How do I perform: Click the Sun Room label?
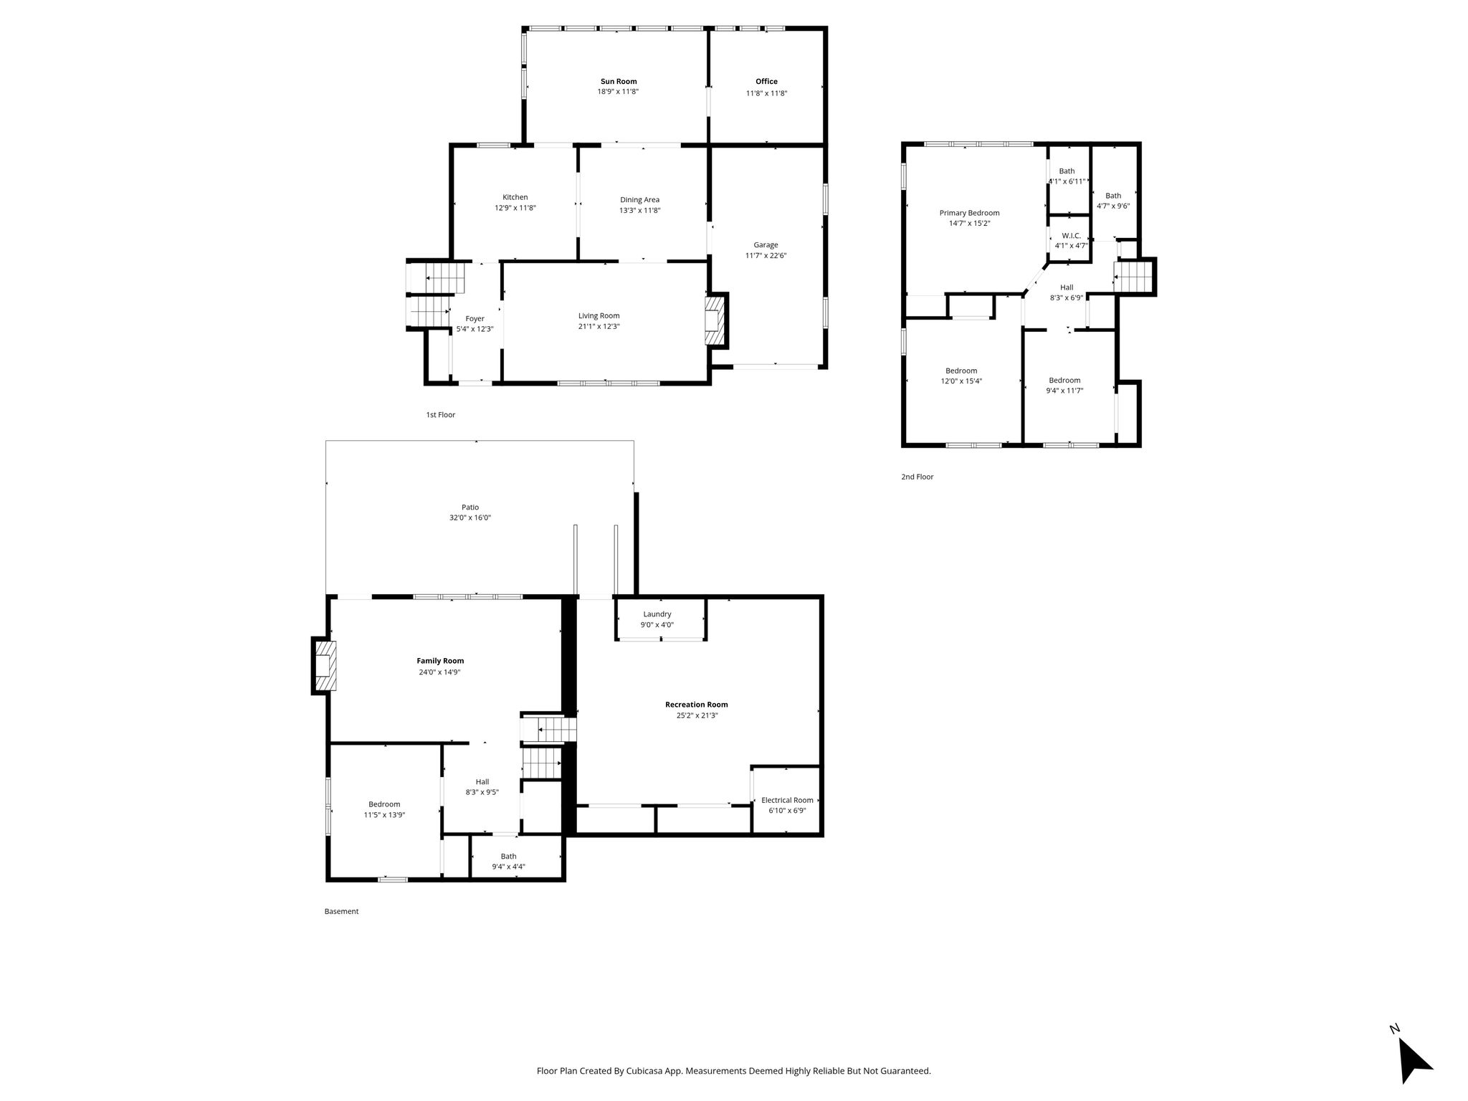click(x=618, y=82)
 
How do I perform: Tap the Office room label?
click(x=766, y=82)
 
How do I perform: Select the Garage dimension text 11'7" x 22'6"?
click(x=766, y=255)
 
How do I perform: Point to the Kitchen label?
click(x=515, y=197)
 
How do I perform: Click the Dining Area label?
click(x=639, y=200)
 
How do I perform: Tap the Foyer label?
click(x=475, y=319)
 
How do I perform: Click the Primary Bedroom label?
click(x=969, y=213)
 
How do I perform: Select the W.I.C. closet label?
click(x=1071, y=236)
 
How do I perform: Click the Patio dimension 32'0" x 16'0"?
click(x=470, y=518)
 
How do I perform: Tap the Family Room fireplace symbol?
click(x=324, y=666)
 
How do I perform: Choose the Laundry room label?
click(x=657, y=614)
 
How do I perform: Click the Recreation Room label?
click(x=696, y=705)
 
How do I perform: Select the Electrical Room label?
click(x=787, y=800)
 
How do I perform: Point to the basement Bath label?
click(x=508, y=856)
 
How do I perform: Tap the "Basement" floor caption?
click(x=341, y=912)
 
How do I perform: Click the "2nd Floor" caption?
click(x=917, y=477)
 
